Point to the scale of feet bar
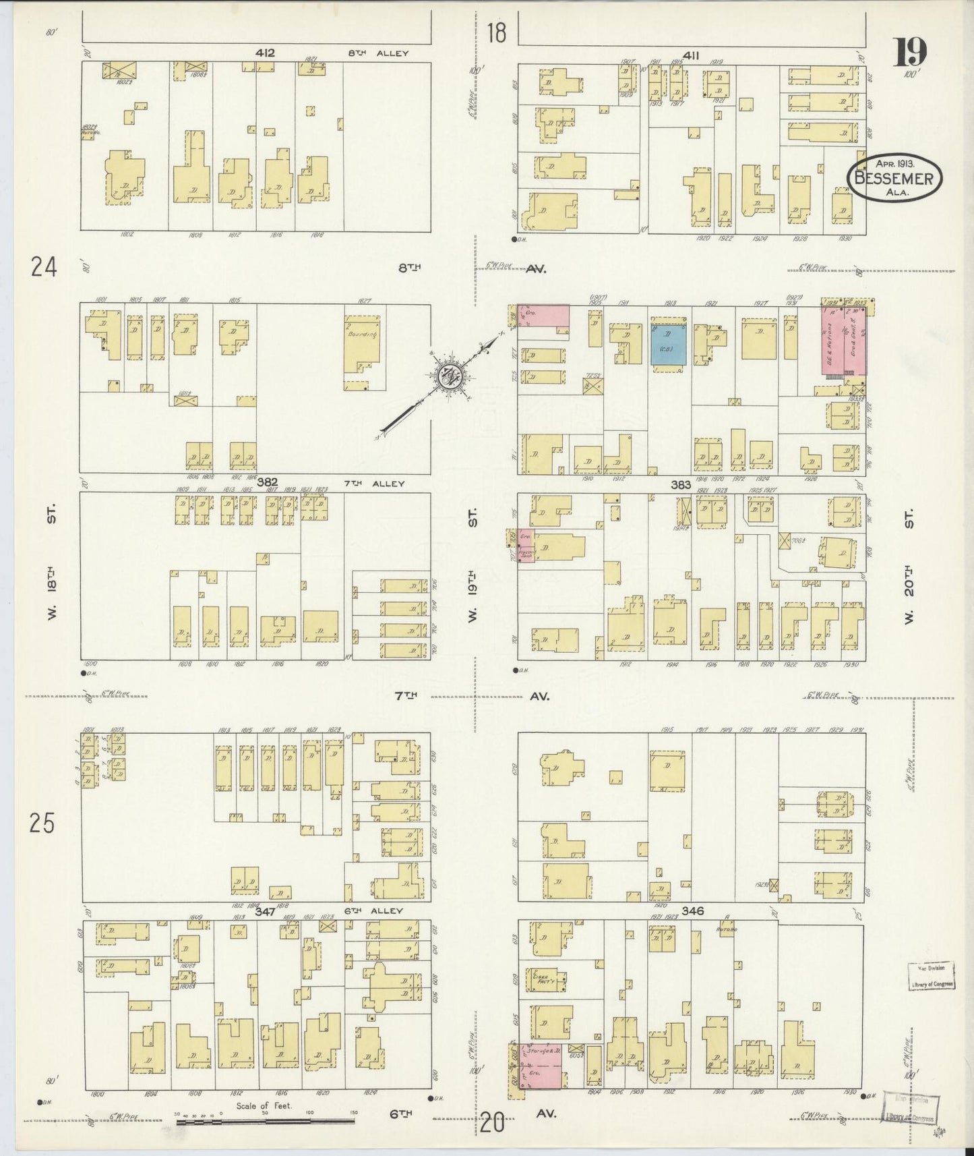[x=266, y=1121]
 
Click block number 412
[x=265, y=53]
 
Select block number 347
[x=265, y=911]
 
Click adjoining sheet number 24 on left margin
[x=42, y=268]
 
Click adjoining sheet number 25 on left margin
[x=42, y=823]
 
